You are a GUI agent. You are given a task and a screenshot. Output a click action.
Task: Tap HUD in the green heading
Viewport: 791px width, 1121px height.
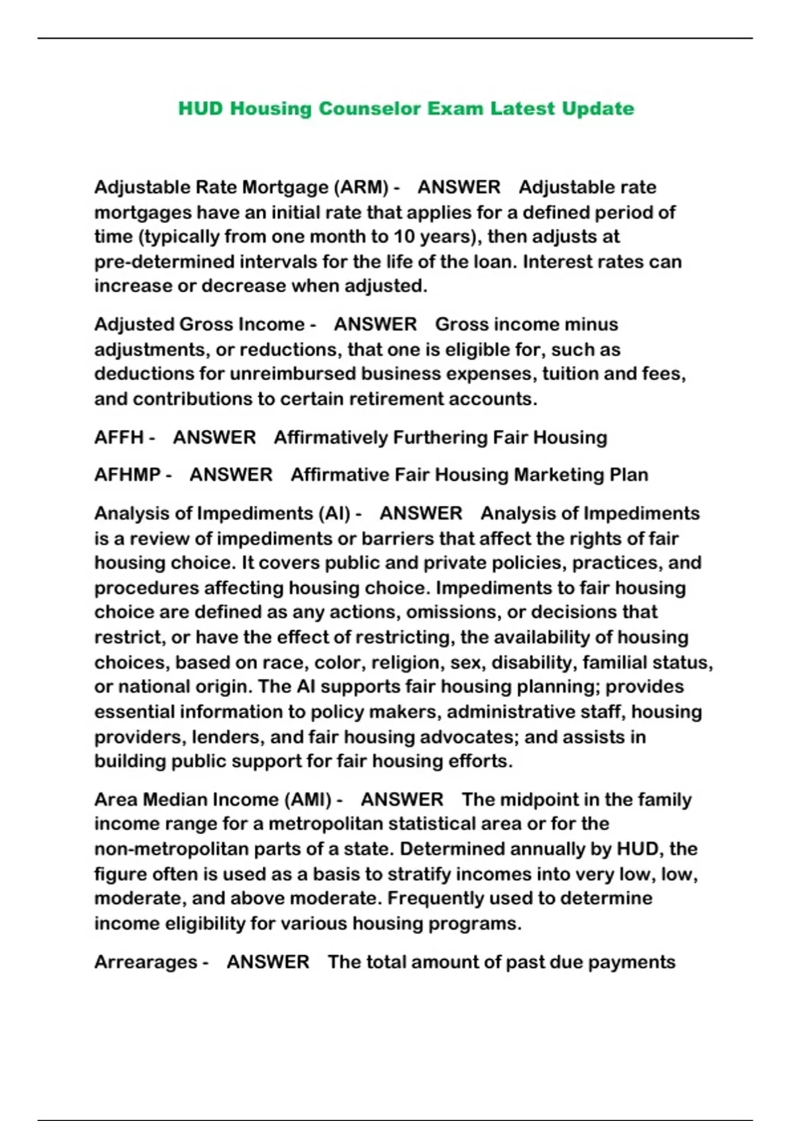pyautogui.click(x=200, y=108)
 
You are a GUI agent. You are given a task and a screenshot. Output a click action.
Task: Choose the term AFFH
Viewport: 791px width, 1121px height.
pyautogui.click(x=119, y=438)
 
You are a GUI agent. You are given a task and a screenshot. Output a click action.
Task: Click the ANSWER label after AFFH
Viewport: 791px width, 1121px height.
pyautogui.click(x=214, y=438)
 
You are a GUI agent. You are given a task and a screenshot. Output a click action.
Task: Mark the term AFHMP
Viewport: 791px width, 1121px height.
pyautogui.click(x=127, y=475)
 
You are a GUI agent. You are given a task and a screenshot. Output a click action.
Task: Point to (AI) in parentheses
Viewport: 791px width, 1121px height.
pyautogui.click(x=334, y=514)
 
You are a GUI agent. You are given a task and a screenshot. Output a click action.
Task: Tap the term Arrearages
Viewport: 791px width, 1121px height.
pyautogui.click(x=146, y=962)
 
